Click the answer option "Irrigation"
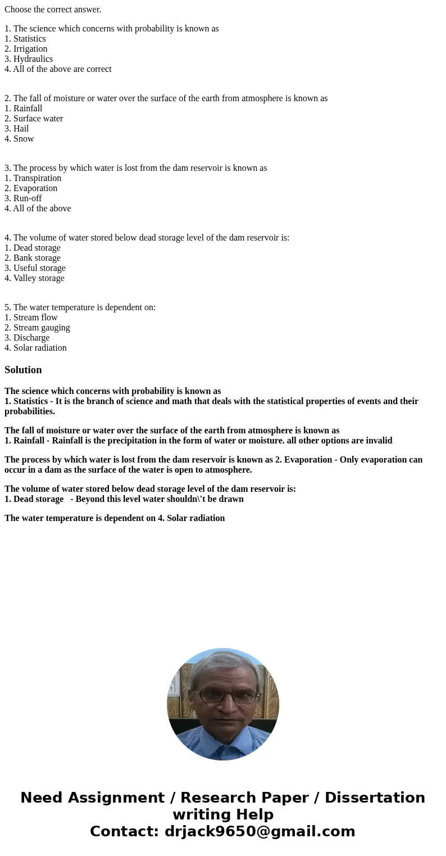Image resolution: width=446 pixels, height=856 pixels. pos(30,49)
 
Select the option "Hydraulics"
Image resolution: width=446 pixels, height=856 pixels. pos(33,59)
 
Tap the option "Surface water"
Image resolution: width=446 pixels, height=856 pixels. pos(38,119)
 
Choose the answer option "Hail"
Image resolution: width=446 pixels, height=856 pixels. pos(21,129)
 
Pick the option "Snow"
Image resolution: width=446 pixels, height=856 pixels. pos(24,139)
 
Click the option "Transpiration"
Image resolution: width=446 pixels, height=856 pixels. pos(37,178)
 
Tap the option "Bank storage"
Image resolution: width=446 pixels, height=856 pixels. pos(37,258)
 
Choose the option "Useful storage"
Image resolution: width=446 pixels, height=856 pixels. pos(39,268)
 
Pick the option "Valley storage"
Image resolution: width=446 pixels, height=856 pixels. pos(39,278)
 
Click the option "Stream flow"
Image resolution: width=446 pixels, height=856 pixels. pos(35,318)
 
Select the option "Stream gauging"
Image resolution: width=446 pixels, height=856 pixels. pos(42,328)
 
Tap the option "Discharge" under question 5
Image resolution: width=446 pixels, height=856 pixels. pos(31,338)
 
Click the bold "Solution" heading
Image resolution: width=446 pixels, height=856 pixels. pos(23,370)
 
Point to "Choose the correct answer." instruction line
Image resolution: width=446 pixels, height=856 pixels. pos(53,10)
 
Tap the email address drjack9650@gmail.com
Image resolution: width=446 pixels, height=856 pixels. pos(260,831)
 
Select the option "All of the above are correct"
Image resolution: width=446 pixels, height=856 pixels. pos(62,69)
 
